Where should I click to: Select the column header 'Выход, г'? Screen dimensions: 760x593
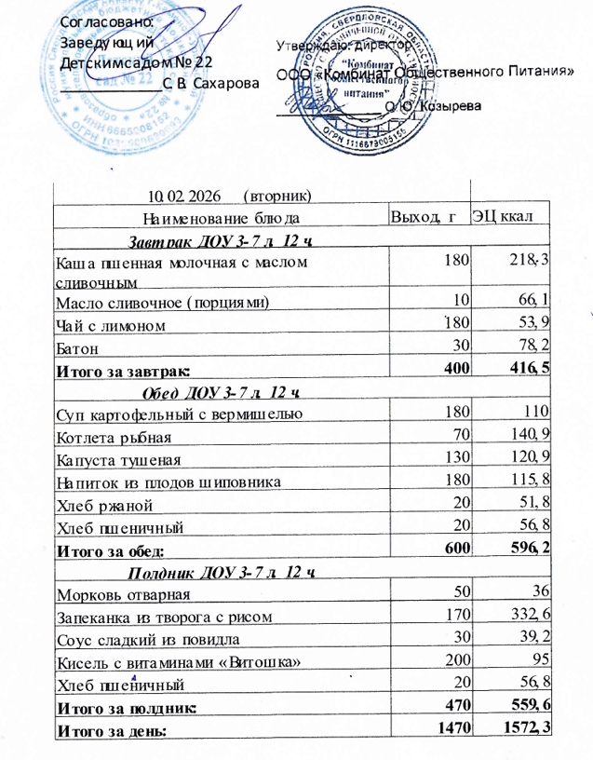pyautogui.click(x=425, y=218)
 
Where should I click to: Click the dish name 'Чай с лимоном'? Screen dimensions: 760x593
pyautogui.click(x=112, y=325)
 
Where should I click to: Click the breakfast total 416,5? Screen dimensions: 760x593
pyautogui.click(x=532, y=370)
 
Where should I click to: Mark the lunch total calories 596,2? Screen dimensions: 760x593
pyautogui.click(x=532, y=549)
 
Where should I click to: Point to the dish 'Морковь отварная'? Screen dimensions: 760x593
pyautogui.click(x=124, y=595)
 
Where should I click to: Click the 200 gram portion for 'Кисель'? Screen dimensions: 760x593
pyautogui.click(x=454, y=660)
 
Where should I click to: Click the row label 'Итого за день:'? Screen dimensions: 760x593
pyautogui.click(x=111, y=732)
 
